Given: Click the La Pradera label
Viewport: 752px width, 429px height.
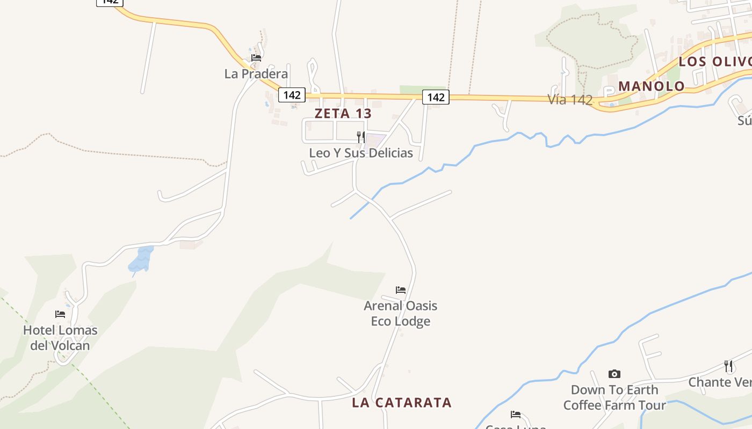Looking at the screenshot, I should click(256, 73).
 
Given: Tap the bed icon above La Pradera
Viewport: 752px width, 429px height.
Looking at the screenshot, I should click(256, 58).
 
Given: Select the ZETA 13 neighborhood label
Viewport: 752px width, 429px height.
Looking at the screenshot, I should click(343, 114).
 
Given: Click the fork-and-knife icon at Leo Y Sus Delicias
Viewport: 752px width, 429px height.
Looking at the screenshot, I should click(361, 137).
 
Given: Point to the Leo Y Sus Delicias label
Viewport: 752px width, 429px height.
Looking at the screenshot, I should click(361, 153).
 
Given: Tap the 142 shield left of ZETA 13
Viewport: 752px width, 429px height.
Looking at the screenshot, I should click(292, 95).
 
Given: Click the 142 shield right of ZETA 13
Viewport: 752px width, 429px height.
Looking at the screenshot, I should click(436, 97).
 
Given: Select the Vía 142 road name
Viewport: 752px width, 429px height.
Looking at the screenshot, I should click(570, 100).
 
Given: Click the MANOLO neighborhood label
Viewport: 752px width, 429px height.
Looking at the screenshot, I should click(651, 86).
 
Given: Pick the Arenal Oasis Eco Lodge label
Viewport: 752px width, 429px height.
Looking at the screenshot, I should click(401, 314).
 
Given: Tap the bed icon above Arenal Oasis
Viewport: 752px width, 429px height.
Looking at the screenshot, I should click(401, 290).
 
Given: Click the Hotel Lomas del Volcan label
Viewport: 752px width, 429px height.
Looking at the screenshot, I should click(60, 338).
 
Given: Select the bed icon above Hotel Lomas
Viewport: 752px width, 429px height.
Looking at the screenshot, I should click(60, 314).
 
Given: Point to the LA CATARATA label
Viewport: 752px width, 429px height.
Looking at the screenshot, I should click(402, 403).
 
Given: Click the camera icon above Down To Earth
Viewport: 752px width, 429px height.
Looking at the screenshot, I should click(614, 374).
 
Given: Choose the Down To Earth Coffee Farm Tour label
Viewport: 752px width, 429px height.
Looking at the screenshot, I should click(614, 397).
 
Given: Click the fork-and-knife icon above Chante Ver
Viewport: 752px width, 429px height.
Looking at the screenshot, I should click(728, 366).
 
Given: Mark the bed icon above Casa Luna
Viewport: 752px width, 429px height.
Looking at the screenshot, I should click(516, 414).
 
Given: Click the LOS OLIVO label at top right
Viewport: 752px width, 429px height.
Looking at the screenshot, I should click(714, 62).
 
